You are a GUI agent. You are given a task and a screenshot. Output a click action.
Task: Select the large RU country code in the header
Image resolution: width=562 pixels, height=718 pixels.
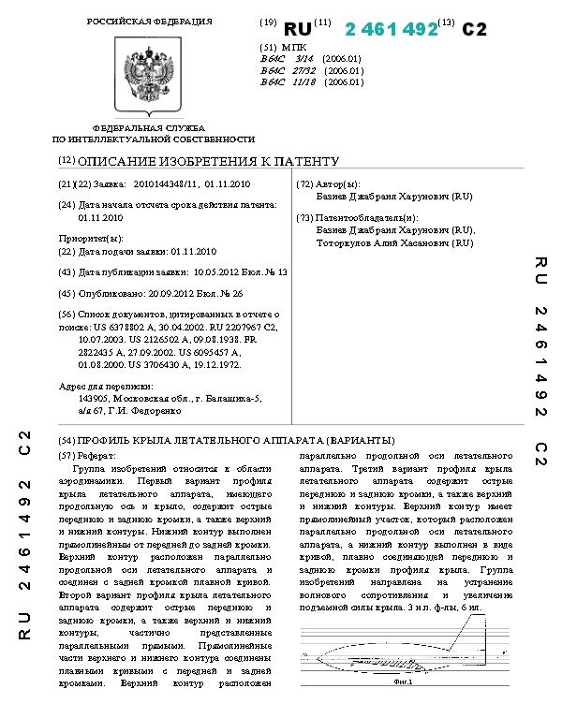coord(297,29)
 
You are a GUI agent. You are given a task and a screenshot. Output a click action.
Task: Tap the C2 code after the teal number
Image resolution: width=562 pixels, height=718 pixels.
coord(474,29)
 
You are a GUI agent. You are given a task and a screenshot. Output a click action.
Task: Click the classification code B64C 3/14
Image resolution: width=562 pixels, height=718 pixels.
coord(282,58)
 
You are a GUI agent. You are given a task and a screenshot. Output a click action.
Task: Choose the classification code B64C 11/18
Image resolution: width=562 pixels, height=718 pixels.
coord(284,82)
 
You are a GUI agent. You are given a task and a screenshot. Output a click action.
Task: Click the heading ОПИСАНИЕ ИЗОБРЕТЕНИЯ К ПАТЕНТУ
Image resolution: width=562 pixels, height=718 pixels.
coord(208,161)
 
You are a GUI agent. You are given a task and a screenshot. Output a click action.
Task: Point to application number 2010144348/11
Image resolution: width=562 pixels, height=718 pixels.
coord(165,185)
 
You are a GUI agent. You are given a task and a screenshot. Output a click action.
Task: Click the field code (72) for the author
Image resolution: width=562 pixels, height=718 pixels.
coord(304,185)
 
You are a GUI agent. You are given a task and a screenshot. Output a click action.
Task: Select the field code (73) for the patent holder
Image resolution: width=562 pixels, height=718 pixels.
coord(304,217)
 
